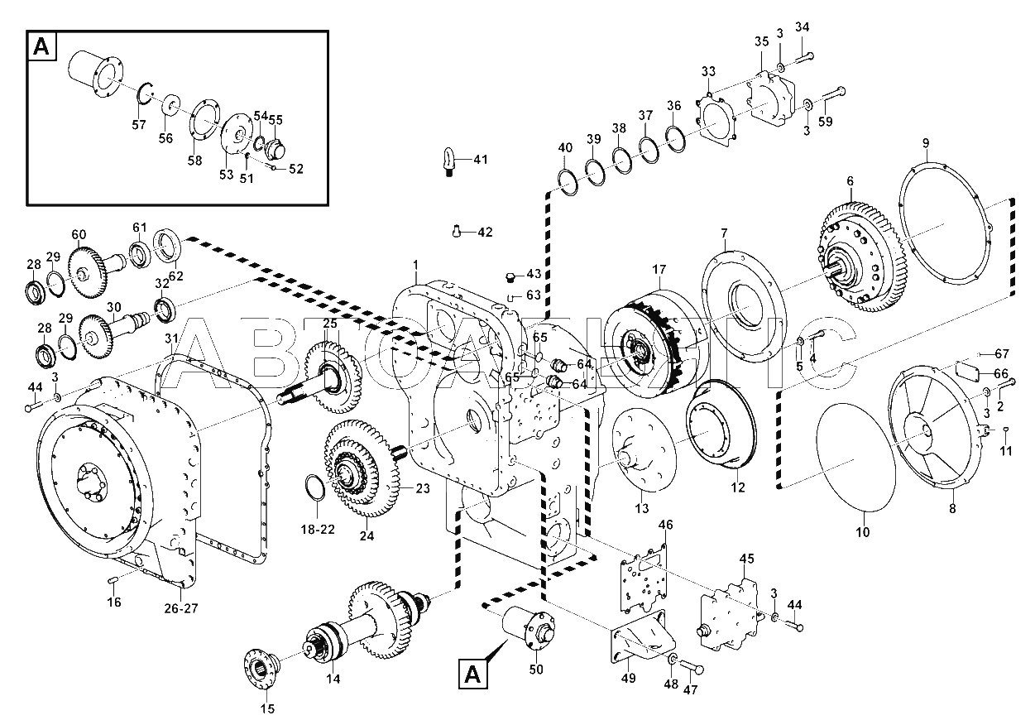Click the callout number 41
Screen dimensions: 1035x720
pos(481,160)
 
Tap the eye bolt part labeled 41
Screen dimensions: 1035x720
pos(449,162)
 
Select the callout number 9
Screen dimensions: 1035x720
pos(926,143)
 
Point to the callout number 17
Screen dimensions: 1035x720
pos(659,269)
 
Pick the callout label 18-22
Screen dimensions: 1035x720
pos(318,530)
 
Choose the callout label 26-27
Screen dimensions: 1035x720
pos(181,608)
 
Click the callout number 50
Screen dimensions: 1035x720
pos(536,669)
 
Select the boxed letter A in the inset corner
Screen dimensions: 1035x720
pos(41,46)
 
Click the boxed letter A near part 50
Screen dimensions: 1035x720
pos(472,674)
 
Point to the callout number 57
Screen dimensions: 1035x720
pos(139,124)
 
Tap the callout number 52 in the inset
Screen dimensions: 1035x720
pos(295,169)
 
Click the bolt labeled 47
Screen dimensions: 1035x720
pos(691,668)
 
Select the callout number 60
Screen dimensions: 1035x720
pos(79,234)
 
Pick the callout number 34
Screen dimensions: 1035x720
pos(803,27)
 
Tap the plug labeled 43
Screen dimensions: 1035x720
pos(510,277)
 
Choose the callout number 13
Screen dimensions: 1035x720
pos(642,508)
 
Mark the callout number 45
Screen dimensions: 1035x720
pos(747,559)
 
